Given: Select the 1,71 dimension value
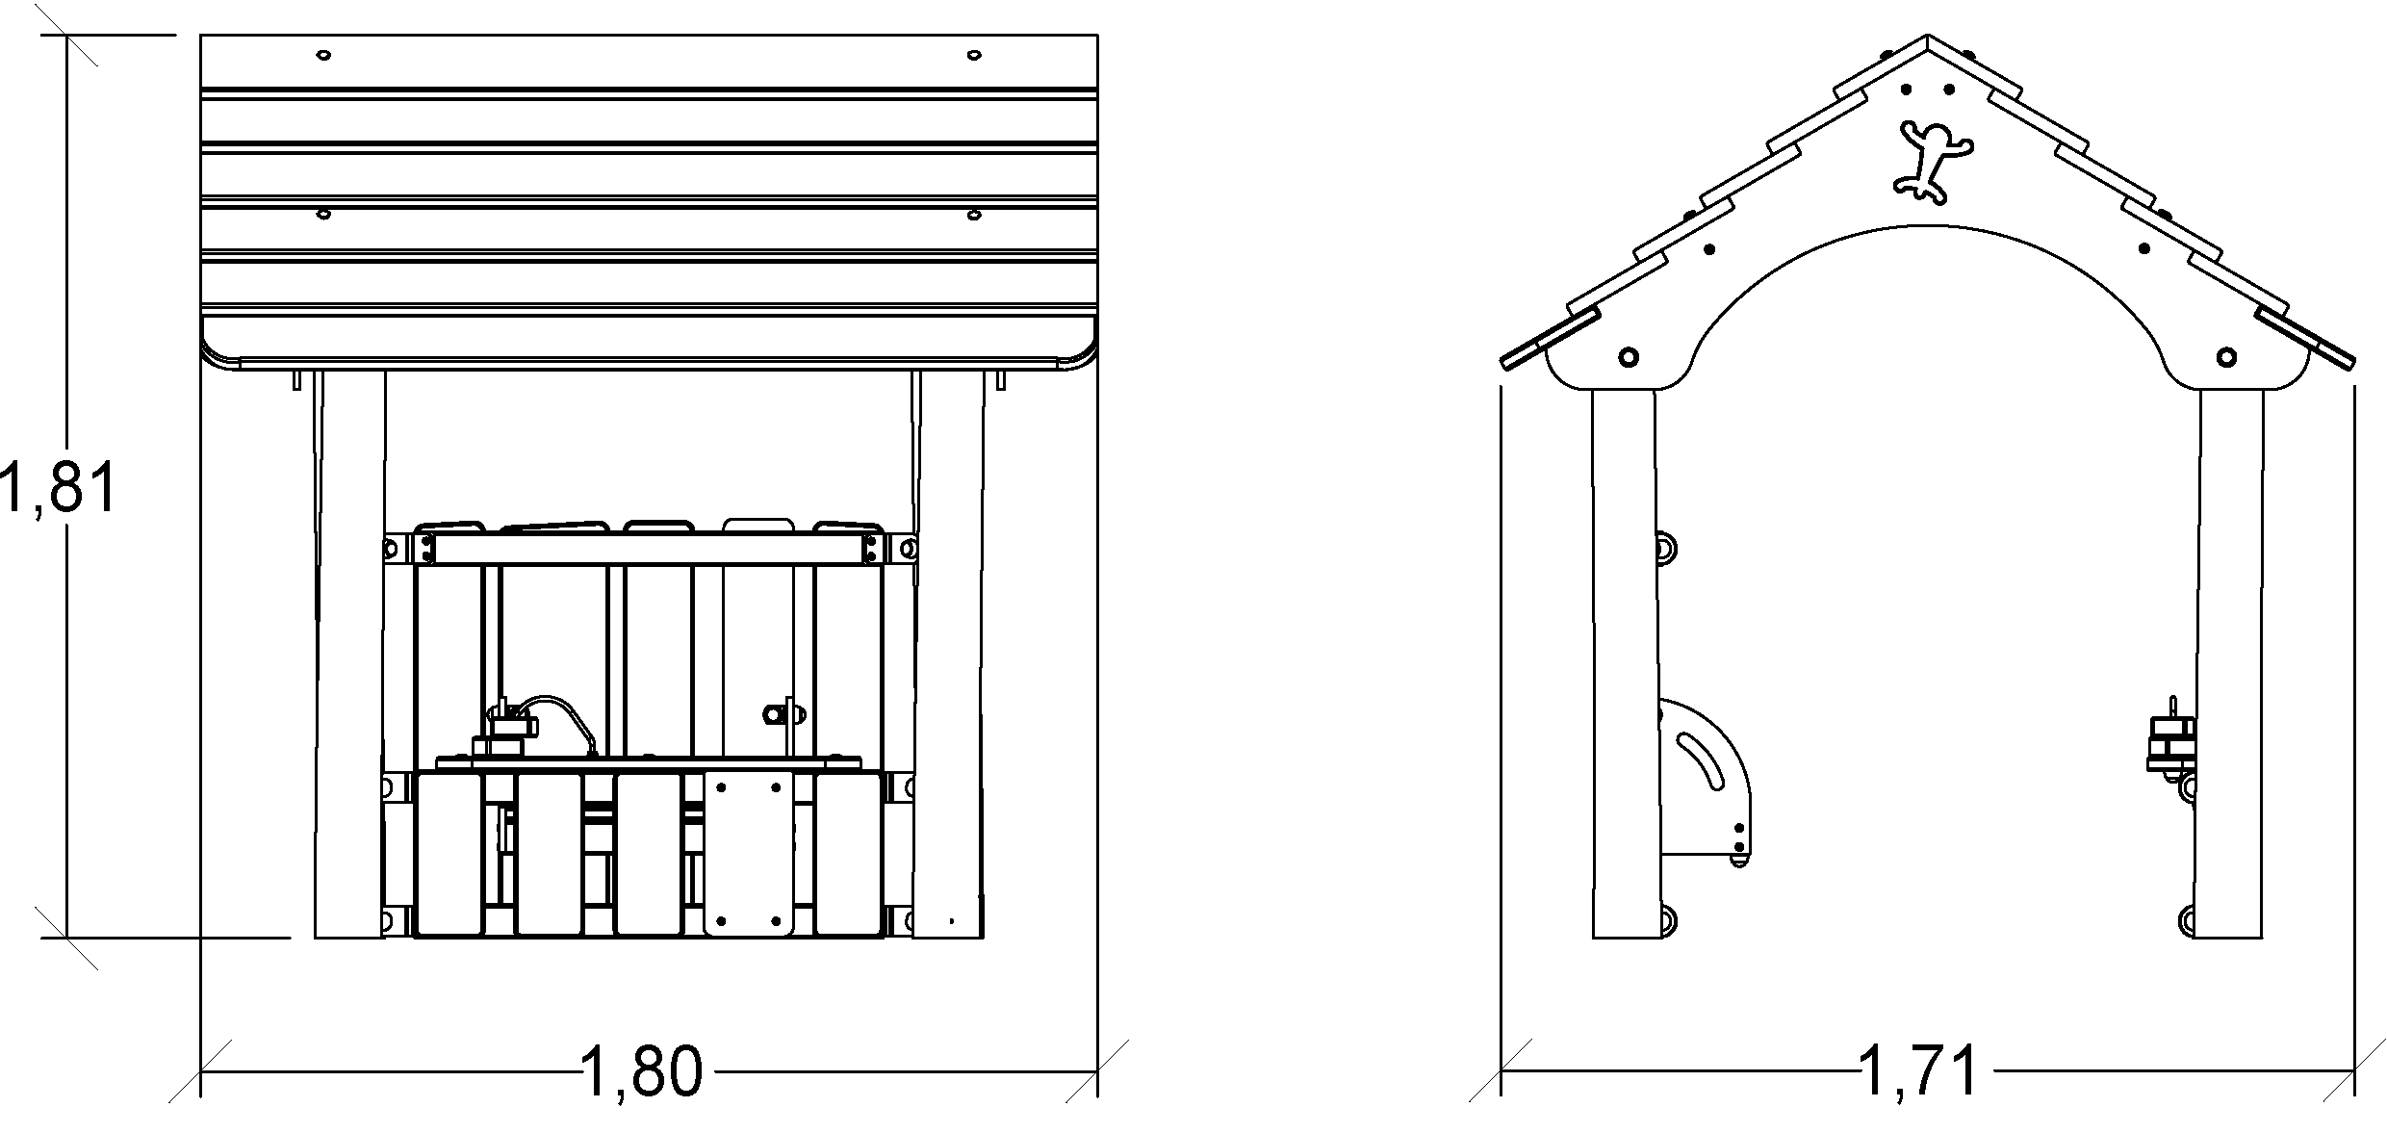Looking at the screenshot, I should point(1920,1071).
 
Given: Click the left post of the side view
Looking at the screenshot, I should point(1624,664).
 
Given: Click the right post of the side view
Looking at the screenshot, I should point(2231,664).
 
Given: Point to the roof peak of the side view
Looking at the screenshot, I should point(1928,40).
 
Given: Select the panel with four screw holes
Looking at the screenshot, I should point(750,853).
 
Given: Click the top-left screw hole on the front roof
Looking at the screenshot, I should point(323,55).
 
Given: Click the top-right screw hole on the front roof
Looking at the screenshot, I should point(974,55).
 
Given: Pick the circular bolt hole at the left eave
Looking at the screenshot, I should point(1629,357).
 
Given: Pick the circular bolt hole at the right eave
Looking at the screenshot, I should point(2226,357).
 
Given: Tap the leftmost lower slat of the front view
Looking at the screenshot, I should point(449,854).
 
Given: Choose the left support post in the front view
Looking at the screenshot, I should point(349,655).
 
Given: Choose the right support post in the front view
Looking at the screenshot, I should point(948,655).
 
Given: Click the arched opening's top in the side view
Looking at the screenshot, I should point(1928,227).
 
